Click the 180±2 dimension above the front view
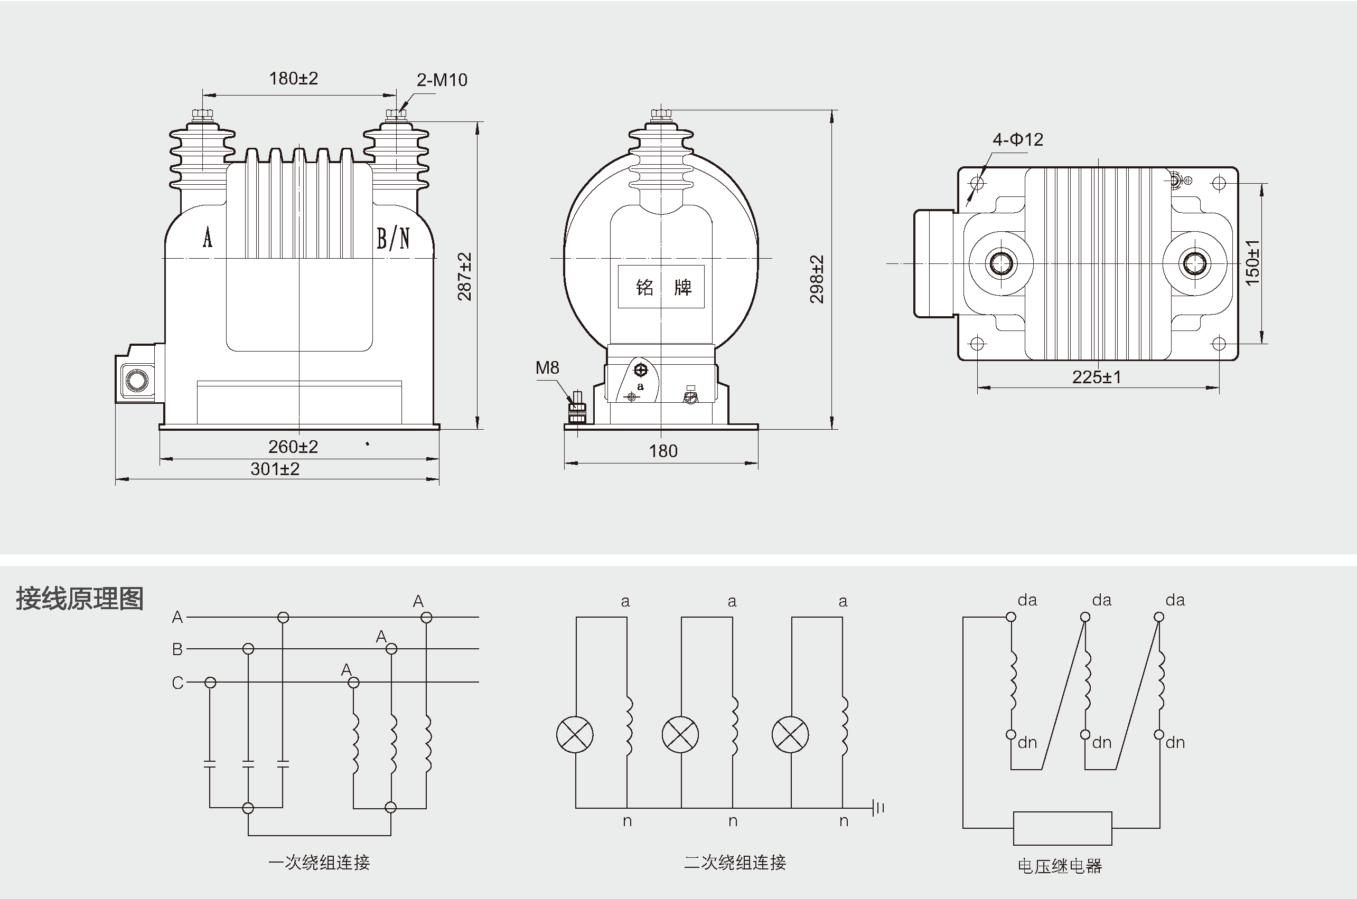point(293,79)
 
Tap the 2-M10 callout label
point(442,80)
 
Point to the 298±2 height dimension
point(817,279)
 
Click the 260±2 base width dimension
point(293,447)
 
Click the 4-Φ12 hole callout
point(1017,140)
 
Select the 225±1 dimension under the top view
point(1097,377)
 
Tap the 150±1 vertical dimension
point(1253,262)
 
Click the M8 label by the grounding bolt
point(547,368)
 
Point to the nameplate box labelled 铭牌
point(661,287)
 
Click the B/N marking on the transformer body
point(393,239)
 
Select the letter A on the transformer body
point(208,238)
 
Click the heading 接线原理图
point(80,599)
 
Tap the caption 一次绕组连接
point(320,862)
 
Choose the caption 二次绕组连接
point(735,862)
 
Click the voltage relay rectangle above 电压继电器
point(1062,828)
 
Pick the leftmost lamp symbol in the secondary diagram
point(575,734)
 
